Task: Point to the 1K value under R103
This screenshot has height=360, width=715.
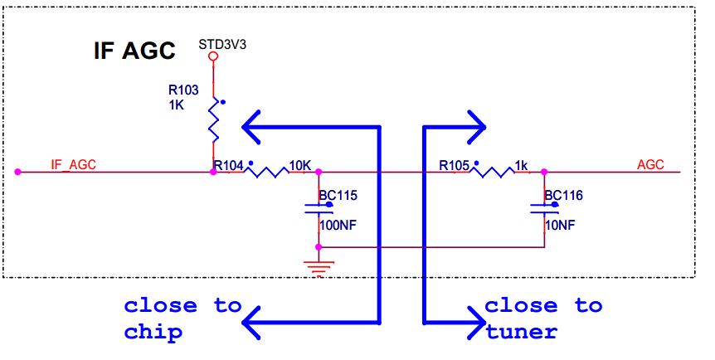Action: point(177,105)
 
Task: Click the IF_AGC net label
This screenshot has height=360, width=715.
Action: point(74,164)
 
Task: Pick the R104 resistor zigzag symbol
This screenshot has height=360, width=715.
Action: point(265,172)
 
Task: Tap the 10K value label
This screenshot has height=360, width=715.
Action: point(299,165)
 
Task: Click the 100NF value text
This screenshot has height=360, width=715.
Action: point(338,224)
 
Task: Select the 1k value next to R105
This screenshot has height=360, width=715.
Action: point(522,165)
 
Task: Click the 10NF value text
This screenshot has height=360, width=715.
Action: point(561,224)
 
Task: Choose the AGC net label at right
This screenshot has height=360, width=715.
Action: point(650,164)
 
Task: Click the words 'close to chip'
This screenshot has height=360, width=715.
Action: point(182,318)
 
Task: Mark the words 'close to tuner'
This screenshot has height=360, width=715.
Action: point(543,318)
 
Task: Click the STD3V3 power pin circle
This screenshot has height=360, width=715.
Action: point(213,56)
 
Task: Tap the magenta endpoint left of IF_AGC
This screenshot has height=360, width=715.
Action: point(17,172)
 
